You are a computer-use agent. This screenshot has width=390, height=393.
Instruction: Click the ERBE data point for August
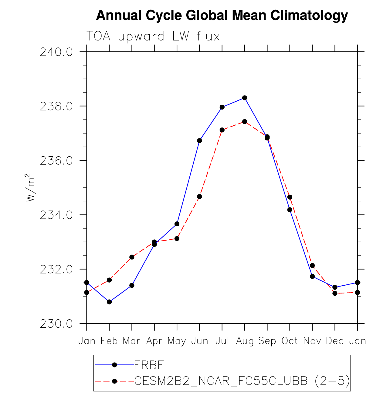[245, 98]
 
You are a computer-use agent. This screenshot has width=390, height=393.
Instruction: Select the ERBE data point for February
[109, 302]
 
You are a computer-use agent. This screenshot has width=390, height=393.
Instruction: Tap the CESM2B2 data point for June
[199, 196]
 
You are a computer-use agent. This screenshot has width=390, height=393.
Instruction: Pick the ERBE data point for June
[199, 141]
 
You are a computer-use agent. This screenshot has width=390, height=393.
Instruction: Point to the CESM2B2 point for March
[132, 257]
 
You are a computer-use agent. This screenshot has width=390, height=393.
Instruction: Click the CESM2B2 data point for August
[245, 122]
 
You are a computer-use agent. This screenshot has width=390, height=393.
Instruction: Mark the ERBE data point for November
[312, 276]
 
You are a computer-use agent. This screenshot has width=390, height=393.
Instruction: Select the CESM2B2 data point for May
[177, 238]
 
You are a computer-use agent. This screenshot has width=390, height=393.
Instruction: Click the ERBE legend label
[149, 365]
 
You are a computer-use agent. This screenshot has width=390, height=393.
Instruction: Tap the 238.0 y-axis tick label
[56, 106]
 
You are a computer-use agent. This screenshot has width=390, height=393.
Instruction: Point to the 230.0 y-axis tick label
[56, 324]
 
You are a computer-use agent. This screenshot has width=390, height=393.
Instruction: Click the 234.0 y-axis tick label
[56, 215]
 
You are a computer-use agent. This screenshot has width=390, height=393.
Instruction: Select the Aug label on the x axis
[245, 341]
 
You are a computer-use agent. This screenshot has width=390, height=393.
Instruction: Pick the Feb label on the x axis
[109, 341]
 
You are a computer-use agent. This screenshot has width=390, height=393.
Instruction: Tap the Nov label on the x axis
[312, 341]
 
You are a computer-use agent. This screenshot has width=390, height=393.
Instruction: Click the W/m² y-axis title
[30, 188]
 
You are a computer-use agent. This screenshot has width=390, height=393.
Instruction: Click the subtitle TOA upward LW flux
[153, 37]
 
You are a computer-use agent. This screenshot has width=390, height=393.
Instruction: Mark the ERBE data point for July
[222, 107]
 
